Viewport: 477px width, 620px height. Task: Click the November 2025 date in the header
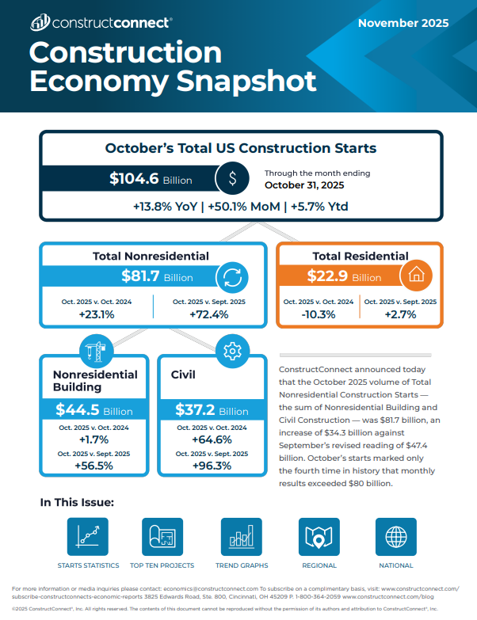tap(403, 23)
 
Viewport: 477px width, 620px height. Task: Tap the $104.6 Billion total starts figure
tap(151, 179)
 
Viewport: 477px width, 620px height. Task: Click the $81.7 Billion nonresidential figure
tap(157, 276)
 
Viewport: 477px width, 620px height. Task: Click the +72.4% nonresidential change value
tap(209, 314)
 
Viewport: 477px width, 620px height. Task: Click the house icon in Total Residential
tap(415, 276)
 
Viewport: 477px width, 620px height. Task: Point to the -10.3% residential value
tap(319, 314)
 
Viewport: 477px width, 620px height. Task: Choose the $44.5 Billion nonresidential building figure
tap(93, 410)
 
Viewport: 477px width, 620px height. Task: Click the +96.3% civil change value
tap(212, 466)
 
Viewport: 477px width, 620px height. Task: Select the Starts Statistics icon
tap(88, 538)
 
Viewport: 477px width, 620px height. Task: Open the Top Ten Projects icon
tap(162, 538)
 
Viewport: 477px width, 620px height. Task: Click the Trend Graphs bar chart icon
tap(242, 538)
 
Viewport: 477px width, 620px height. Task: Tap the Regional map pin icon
tap(319, 538)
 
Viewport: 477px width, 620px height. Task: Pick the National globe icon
tap(395, 538)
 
